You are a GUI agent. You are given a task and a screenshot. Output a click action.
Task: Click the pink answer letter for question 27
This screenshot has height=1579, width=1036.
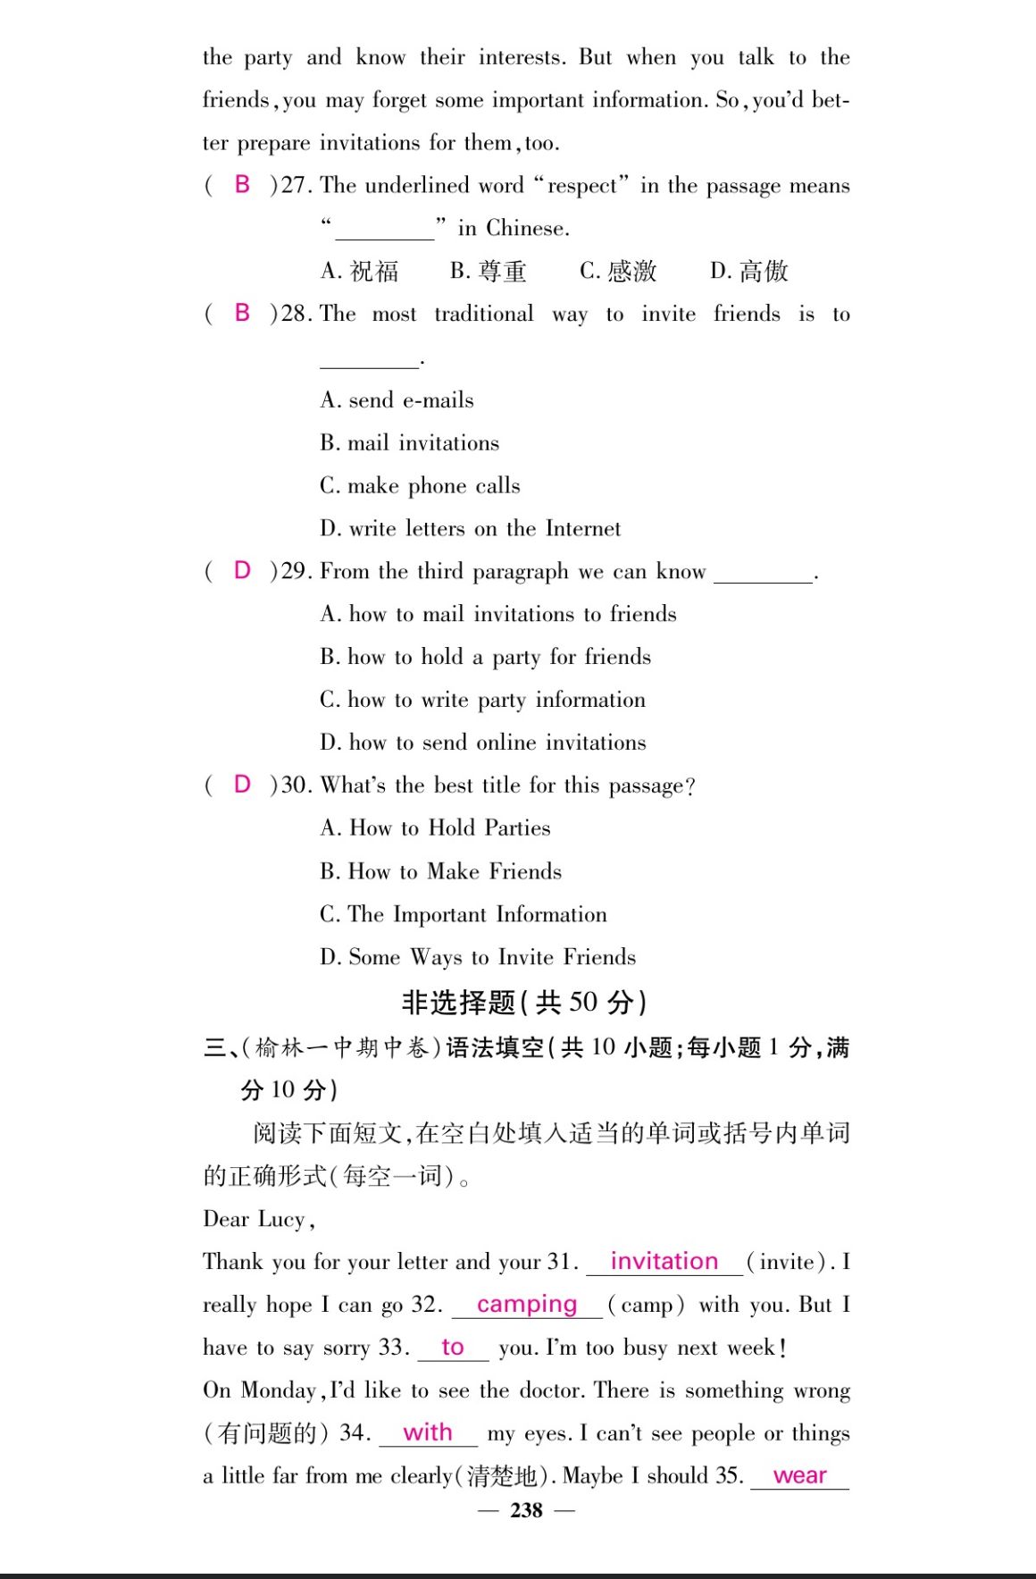coord(242,185)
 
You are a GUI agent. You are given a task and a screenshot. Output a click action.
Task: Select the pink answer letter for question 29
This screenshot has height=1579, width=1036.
coord(242,570)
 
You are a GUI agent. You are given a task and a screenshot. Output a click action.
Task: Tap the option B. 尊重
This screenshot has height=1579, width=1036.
coord(489,271)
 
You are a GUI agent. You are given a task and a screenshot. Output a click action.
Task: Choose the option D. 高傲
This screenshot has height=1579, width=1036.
coord(749,271)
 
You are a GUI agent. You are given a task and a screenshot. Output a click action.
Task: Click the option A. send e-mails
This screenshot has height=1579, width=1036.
coord(397,399)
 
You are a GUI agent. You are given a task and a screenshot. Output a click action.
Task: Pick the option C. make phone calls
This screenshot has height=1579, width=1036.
coord(420,485)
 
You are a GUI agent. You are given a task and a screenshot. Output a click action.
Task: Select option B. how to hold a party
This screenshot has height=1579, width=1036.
coord(486,657)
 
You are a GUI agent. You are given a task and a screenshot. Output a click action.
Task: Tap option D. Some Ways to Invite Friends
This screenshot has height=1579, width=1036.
coord(478,957)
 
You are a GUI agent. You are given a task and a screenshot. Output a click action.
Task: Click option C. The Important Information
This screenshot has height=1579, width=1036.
coord(464,914)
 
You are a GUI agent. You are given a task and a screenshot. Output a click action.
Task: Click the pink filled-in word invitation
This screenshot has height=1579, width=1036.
coord(664,1261)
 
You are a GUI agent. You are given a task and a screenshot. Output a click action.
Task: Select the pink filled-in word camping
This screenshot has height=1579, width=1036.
coord(527,1304)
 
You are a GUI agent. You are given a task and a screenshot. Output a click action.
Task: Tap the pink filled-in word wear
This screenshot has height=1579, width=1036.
coord(800,1475)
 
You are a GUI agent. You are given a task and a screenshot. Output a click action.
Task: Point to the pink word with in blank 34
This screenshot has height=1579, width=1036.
coord(428,1432)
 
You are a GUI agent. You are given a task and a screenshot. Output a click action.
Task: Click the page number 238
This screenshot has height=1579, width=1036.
coord(526,1510)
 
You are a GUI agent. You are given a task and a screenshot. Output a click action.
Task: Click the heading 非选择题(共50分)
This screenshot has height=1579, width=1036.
coord(524,1002)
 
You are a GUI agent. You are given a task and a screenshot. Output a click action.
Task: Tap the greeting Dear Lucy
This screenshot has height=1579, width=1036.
coord(258,1219)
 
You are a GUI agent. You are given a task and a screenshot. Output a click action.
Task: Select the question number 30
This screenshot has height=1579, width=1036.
coord(296,785)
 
